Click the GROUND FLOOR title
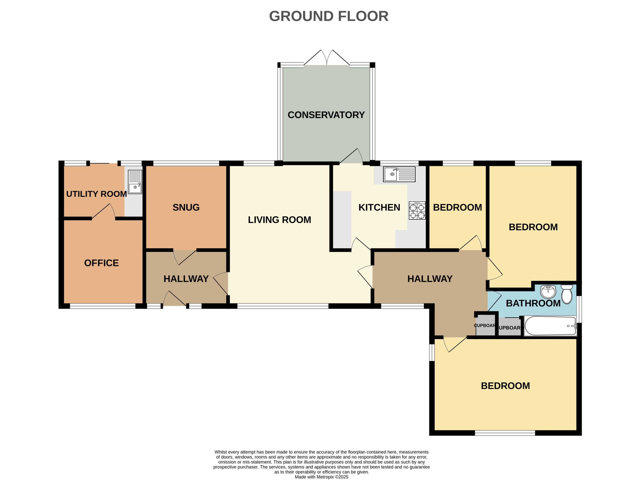(x=328, y=16)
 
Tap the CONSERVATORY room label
(x=326, y=115)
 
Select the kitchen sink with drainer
(x=399, y=174)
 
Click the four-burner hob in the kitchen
(x=417, y=210)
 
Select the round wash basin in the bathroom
(x=548, y=292)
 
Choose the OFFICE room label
(x=101, y=263)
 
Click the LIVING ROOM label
(x=279, y=220)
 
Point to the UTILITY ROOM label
(x=96, y=194)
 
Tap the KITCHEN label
(x=379, y=207)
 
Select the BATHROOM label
(x=533, y=303)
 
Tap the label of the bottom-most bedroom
(x=505, y=386)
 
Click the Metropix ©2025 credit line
(x=321, y=477)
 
